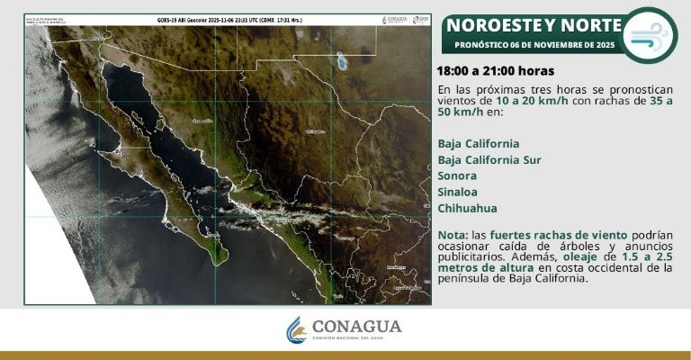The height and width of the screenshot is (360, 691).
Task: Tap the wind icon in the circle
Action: (x=650, y=36)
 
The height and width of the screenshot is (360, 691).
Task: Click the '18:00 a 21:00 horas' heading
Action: (x=495, y=70)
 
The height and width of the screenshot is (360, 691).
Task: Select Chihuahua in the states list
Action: (x=467, y=208)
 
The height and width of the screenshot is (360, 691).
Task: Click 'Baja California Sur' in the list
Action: (x=491, y=159)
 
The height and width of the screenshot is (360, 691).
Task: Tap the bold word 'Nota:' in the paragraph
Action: (x=453, y=233)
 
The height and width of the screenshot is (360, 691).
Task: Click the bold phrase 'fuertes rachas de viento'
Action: (x=547, y=233)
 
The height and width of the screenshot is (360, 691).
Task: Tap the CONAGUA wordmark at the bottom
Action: (x=357, y=327)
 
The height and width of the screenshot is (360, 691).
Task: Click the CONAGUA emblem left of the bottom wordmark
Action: (x=296, y=329)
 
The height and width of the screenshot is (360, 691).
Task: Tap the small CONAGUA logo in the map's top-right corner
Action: (x=395, y=20)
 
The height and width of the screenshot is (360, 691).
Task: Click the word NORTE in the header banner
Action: (x=590, y=24)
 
